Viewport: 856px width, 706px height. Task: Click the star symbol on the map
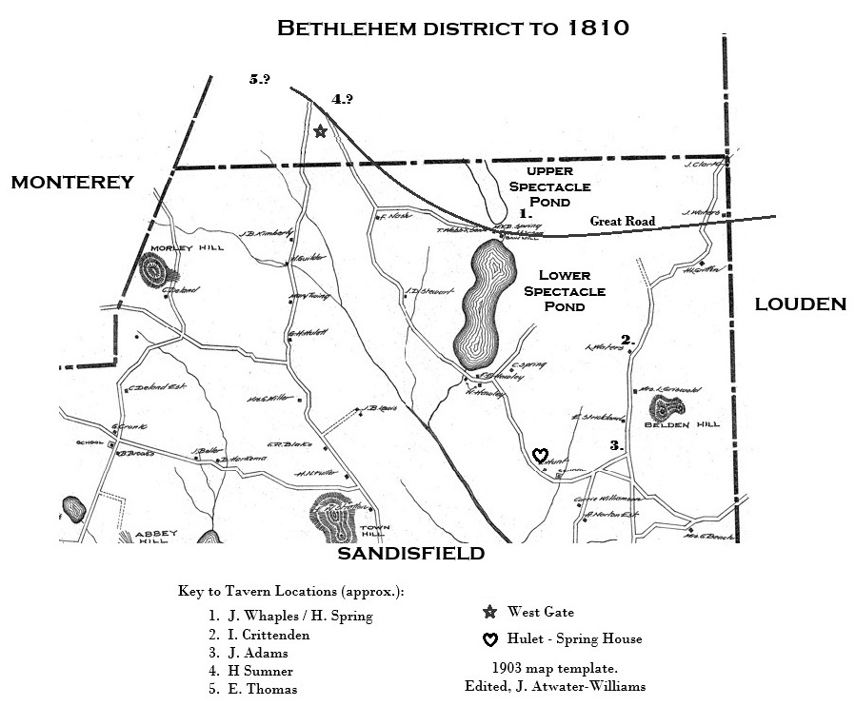coord(320,131)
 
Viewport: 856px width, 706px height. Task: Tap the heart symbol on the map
coord(540,455)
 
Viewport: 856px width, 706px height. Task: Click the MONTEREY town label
coord(72,183)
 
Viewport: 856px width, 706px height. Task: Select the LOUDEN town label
coord(800,304)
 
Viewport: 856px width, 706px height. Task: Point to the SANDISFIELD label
coord(411,554)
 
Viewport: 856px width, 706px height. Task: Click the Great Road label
coord(623,222)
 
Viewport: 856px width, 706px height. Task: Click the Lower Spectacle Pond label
coord(565,291)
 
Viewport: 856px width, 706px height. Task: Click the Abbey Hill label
coord(143,539)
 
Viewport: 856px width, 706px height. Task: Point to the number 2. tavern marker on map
coord(627,340)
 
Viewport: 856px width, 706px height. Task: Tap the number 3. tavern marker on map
coord(616,445)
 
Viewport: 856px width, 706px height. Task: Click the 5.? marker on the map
coord(260,80)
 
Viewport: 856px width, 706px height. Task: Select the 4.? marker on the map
coord(342,99)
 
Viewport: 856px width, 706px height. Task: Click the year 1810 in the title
coord(597,28)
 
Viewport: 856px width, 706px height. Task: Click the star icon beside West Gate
coord(489,612)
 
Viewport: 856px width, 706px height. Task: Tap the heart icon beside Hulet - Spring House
coord(489,639)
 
